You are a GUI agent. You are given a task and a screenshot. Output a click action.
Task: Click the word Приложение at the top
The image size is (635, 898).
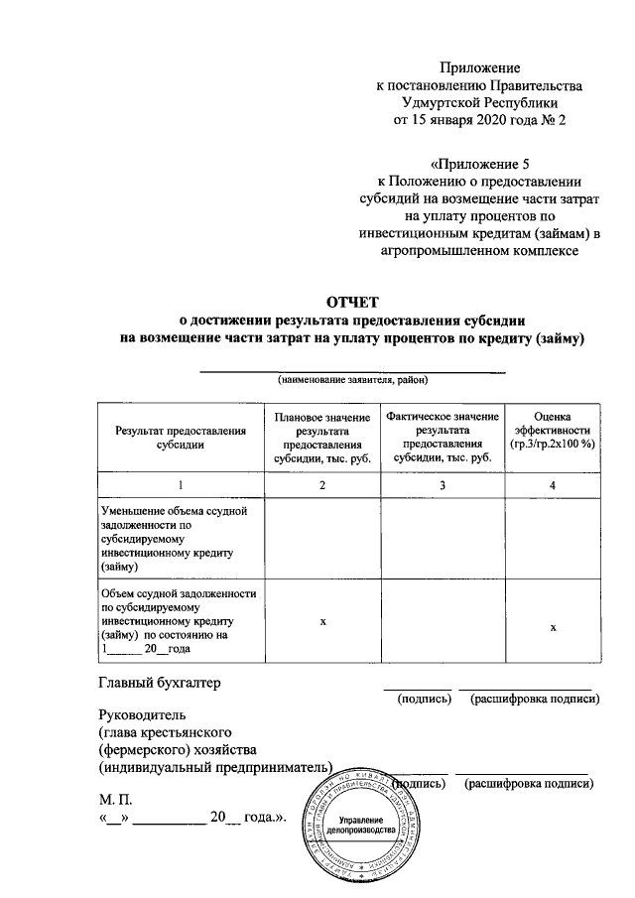click(x=480, y=67)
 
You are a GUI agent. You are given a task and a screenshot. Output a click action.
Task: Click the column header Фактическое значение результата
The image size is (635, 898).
click(x=443, y=437)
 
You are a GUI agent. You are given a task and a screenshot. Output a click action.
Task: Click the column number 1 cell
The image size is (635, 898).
click(x=180, y=484)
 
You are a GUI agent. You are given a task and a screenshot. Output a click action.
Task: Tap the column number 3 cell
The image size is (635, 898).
click(x=443, y=484)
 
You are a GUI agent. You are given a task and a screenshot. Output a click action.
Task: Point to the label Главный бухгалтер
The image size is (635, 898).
click(x=158, y=683)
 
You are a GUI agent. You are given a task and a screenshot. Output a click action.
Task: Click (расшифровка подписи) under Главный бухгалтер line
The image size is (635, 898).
click(x=535, y=700)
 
